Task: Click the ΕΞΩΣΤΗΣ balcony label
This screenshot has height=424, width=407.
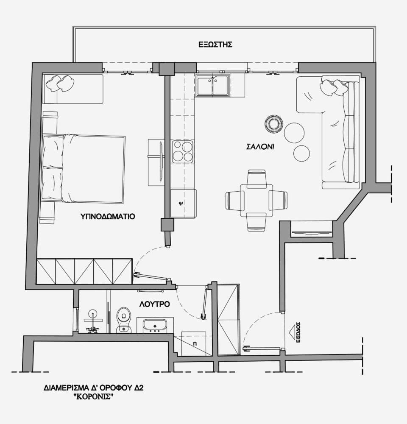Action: point(215,45)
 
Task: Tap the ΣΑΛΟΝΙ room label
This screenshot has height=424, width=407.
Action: point(260,147)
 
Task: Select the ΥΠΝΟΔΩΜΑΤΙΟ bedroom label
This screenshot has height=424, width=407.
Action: point(108,217)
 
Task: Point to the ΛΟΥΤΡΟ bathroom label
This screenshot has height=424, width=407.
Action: point(154,304)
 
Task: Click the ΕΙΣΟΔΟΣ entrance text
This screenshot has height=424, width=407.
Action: point(298,332)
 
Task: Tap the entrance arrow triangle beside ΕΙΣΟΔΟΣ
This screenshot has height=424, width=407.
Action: point(293,332)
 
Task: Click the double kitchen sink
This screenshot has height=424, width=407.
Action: point(213,85)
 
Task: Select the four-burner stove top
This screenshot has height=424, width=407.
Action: point(183,152)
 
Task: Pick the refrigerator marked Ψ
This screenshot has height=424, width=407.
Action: point(183,204)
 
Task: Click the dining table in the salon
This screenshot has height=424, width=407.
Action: point(256,201)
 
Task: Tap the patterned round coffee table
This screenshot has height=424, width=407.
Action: point(274,124)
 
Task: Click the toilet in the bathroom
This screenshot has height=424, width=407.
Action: point(124,320)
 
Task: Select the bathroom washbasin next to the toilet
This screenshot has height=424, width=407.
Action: point(155,326)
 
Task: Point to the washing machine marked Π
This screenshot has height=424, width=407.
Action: point(193,343)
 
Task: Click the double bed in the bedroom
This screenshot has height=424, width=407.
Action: point(83,168)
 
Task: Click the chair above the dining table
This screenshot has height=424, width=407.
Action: point(256,178)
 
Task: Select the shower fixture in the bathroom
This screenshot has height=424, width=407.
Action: point(93,322)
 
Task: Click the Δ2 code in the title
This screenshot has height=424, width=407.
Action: point(139,388)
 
